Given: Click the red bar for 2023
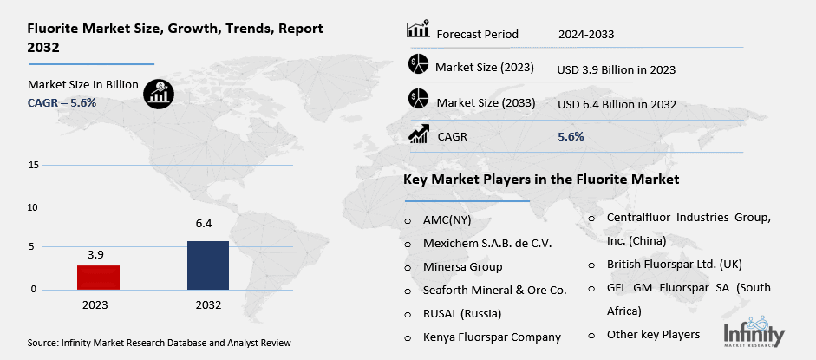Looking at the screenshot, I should [98, 278].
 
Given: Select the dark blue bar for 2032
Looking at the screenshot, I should [208, 265].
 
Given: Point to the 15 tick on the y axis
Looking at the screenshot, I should [33, 165].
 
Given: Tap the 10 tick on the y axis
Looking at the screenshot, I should [33, 206].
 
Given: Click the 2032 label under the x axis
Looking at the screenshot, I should [208, 304].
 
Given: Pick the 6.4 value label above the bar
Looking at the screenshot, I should [205, 224].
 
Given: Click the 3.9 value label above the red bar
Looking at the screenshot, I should [95, 254].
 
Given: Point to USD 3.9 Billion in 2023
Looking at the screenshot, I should [617, 69].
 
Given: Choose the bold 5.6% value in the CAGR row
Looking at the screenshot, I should [571, 136].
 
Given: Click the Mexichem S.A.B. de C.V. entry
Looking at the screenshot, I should [487, 244].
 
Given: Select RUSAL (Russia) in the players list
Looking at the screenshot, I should [462, 313].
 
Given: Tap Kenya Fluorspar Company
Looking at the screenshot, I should [492, 337].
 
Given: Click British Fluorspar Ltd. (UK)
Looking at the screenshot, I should [675, 264].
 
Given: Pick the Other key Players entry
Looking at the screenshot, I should [653, 334].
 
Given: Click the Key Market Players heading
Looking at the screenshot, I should [540, 180].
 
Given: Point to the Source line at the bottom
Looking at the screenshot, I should [159, 343].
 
